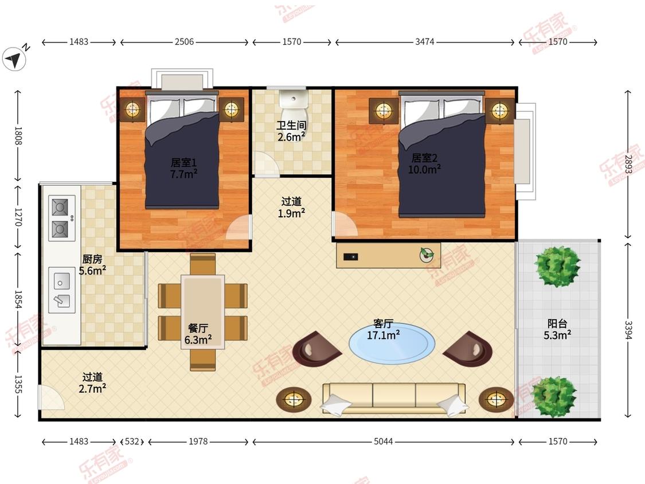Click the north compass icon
(14, 59)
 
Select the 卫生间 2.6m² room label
(291, 131)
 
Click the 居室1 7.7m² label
(183, 169)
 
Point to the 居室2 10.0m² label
(424, 163)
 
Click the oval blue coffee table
(392, 344)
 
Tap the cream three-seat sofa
(394, 398)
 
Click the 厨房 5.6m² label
(92, 264)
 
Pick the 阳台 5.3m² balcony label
(557, 329)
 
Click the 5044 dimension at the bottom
(383, 442)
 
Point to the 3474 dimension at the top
(424, 41)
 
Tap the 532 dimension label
(132, 442)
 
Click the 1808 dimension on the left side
(18, 136)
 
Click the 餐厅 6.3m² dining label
(198, 334)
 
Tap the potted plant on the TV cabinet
(427, 255)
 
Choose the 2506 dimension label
(184, 41)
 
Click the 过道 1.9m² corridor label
(291, 207)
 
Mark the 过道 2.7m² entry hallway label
(92, 382)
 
